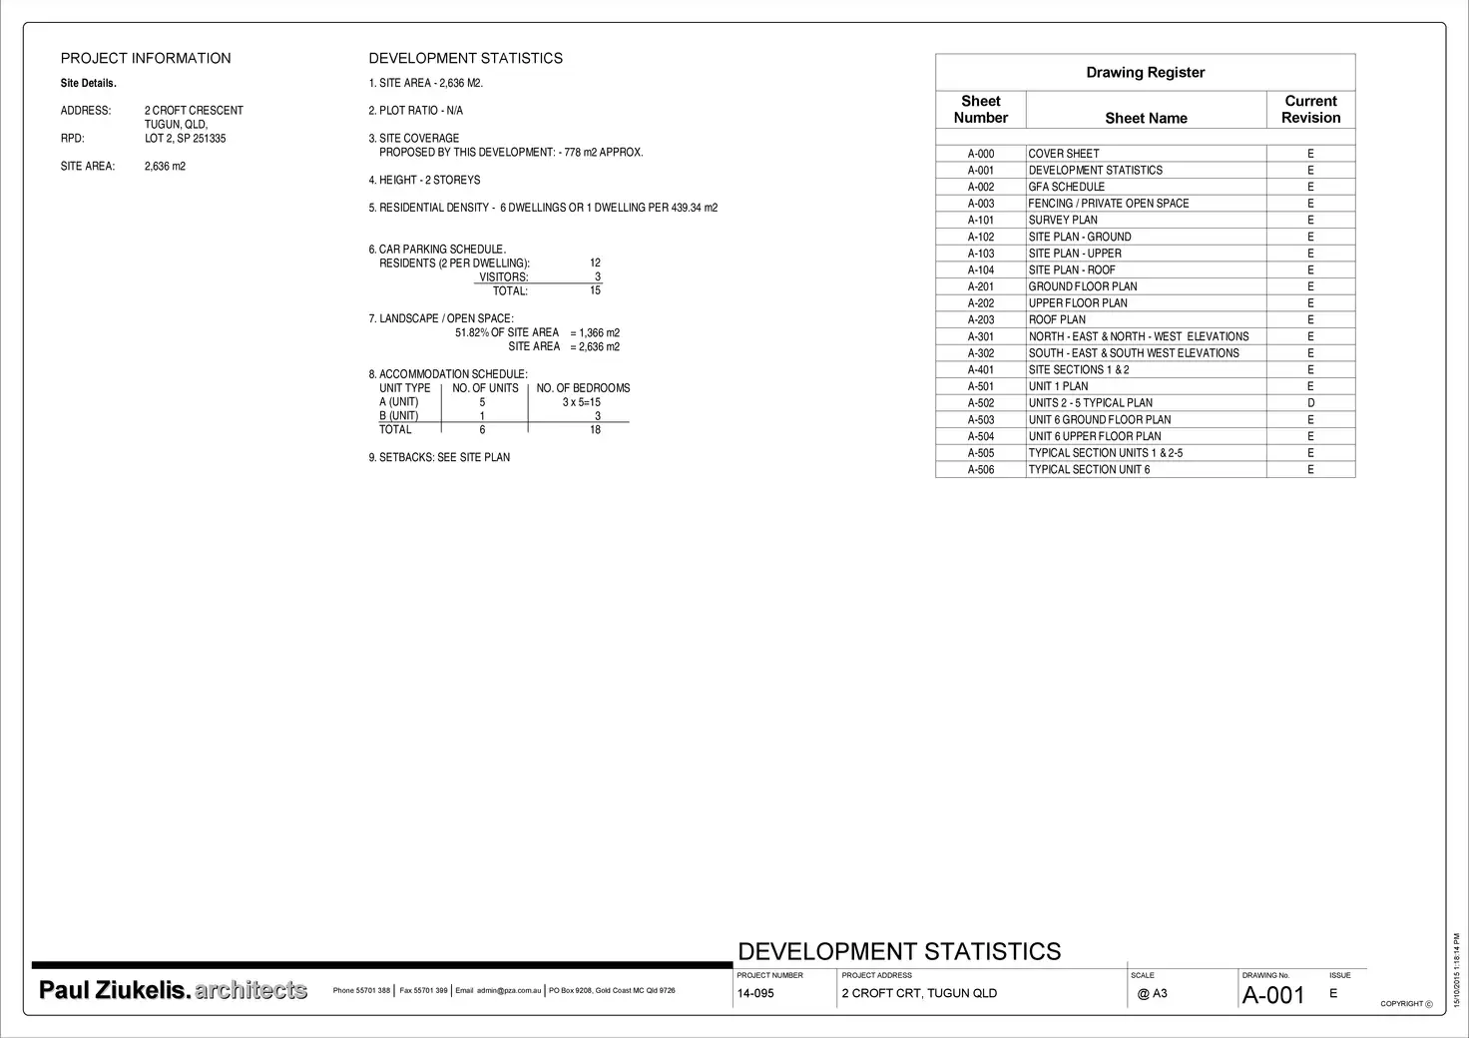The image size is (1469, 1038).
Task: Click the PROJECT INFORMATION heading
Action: (146, 59)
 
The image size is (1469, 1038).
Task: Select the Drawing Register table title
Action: (1145, 73)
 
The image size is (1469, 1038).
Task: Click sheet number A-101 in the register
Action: (980, 221)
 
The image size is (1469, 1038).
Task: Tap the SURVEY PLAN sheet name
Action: (1063, 221)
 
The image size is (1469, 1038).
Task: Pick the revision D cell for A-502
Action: (1310, 403)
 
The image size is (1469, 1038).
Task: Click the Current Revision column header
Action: (1310, 109)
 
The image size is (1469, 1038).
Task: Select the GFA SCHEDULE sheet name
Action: (1067, 187)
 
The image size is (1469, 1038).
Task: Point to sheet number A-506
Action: (980, 470)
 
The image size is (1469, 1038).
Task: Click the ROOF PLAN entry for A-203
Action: (1057, 320)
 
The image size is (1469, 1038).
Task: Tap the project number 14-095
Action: (755, 994)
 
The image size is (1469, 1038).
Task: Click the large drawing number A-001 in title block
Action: (1272, 995)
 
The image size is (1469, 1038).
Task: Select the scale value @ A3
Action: (1152, 994)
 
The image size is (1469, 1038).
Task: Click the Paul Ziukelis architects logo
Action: (173, 990)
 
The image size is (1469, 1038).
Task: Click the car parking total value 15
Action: (595, 291)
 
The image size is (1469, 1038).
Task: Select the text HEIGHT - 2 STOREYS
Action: (429, 181)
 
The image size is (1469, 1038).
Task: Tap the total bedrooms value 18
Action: (595, 430)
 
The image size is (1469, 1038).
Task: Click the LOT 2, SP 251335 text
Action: (185, 139)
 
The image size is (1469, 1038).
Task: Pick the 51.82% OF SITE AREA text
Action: (507, 333)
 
